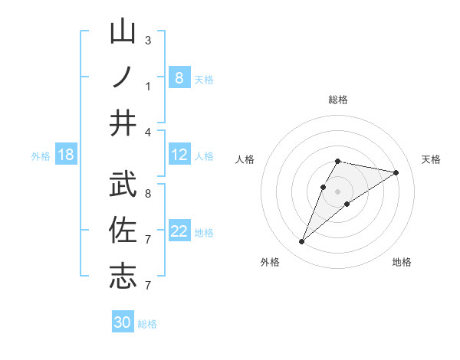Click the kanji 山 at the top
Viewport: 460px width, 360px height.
pyautogui.click(x=123, y=33)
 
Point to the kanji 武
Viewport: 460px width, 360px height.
pyautogui.click(x=123, y=184)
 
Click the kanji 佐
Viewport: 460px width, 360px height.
pyautogui.click(x=123, y=229)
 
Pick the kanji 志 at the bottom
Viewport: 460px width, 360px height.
pyautogui.click(x=123, y=275)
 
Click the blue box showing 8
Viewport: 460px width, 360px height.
pyautogui.click(x=179, y=77)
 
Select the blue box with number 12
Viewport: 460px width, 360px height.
pyautogui.click(x=179, y=155)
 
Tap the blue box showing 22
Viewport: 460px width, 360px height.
pyautogui.click(x=179, y=232)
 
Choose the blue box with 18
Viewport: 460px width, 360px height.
pyautogui.click(x=66, y=155)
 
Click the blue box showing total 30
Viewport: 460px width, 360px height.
pyautogui.click(x=123, y=322)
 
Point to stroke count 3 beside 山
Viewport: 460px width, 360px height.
pyautogui.click(x=148, y=41)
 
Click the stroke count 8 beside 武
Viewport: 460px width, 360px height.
pyautogui.click(x=148, y=194)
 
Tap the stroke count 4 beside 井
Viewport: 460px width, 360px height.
pyautogui.click(x=148, y=133)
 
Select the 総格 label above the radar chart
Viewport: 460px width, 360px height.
pyautogui.click(x=338, y=100)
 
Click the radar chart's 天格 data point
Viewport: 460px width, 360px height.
pyautogui.click(x=396, y=173)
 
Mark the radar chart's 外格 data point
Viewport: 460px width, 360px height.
pyautogui.click(x=302, y=242)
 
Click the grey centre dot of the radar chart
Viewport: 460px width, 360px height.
pyautogui.click(x=338, y=191)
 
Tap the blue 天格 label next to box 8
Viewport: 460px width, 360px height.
pyautogui.click(x=204, y=79)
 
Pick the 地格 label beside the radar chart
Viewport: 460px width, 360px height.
pyautogui.click(x=402, y=262)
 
